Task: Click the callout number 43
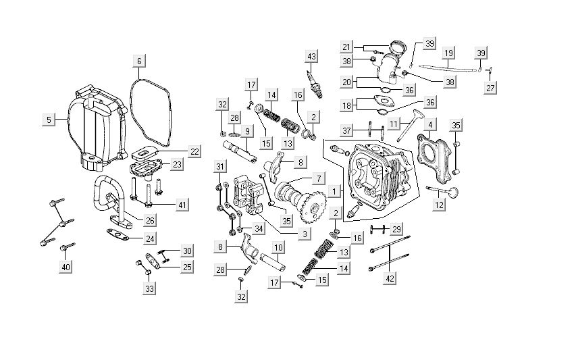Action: [311, 55]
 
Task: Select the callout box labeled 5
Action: [48, 120]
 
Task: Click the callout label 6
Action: [138, 61]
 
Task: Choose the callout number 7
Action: [317, 179]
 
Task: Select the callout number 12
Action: [440, 205]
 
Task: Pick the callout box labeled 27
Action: [491, 88]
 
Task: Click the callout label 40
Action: [66, 267]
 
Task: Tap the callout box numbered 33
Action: [149, 289]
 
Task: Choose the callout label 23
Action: [177, 164]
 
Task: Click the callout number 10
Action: [277, 248]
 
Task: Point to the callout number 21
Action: [346, 47]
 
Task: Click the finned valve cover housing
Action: [96, 128]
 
